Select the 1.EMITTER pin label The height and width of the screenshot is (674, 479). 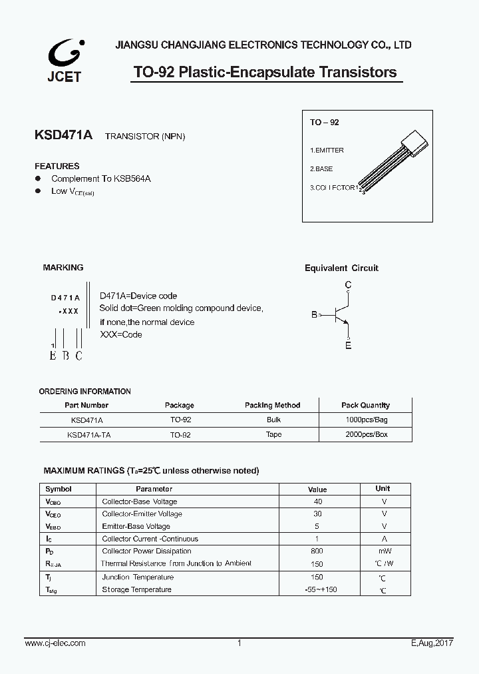tap(327, 151)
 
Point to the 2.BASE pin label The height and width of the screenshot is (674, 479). tap(321, 169)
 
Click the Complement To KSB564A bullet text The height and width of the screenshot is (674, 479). tap(100, 179)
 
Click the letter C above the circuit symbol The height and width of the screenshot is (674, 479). tap(348, 286)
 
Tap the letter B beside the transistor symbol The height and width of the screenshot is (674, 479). tap(315, 315)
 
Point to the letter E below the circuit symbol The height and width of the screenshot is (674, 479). tap(348, 345)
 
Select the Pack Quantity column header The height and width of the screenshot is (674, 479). tap(365, 405)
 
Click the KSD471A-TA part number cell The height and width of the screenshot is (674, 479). tap(88, 434)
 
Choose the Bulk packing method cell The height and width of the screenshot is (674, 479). tap(273, 420)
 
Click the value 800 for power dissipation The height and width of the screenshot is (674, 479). tap(317, 551)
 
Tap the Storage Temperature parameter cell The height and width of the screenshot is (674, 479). tap(136, 589)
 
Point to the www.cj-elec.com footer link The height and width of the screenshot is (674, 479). tap(55, 643)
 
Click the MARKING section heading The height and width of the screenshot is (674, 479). tap(63, 268)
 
